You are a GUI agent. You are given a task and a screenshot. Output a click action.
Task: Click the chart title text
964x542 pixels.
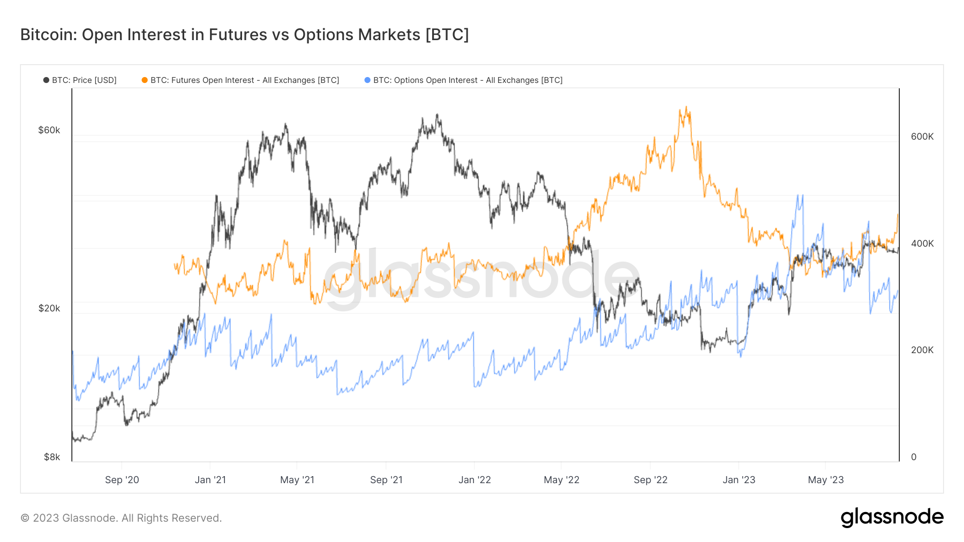point(244,35)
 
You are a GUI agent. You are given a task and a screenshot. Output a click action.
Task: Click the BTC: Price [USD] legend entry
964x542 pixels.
point(80,80)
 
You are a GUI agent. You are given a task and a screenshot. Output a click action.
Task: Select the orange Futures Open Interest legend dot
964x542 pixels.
point(145,80)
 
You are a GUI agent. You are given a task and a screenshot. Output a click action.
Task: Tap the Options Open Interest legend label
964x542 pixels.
point(468,80)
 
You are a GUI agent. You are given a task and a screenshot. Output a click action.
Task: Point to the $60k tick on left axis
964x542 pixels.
point(49,131)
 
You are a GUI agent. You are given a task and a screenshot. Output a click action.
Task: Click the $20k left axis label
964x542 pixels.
point(49,308)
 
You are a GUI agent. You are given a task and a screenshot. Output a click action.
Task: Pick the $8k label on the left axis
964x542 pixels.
point(51,457)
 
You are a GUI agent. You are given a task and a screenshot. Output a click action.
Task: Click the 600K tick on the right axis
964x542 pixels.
point(922,136)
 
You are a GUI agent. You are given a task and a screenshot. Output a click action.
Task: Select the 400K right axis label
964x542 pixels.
point(922,243)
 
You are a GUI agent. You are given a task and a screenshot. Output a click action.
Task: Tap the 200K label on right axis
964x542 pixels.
point(922,350)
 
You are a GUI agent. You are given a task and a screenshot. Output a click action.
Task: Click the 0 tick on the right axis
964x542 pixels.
point(914,457)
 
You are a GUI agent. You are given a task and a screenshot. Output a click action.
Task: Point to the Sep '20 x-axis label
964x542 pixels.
point(122,480)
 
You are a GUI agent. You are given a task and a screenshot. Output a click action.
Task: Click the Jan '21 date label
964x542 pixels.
point(210,480)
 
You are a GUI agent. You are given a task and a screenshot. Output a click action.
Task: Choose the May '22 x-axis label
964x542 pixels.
point(561,480)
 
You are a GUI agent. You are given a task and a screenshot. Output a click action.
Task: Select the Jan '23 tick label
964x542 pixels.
point(739,480)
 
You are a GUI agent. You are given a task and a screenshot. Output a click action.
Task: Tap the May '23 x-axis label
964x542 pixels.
point(825,480)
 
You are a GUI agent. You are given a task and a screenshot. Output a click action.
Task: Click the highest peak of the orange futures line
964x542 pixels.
point(686,108)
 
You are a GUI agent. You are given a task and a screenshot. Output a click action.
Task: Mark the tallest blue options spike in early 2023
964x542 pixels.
point(801,196)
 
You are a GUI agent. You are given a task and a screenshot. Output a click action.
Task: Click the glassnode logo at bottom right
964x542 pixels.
point(892,517)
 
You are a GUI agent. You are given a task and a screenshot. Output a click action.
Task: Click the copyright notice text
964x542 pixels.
point(121,518)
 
